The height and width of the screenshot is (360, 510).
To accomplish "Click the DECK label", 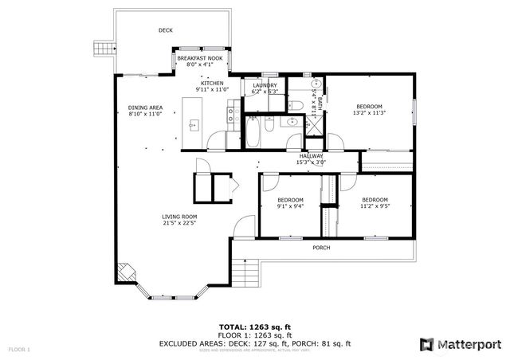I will point(165,30).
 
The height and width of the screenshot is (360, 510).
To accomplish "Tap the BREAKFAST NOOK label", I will point(199,59).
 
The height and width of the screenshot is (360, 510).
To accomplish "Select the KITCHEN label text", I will point(211,84).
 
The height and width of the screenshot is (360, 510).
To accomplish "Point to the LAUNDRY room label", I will point(264,85).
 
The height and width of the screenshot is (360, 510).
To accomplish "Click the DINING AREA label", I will point(145,108).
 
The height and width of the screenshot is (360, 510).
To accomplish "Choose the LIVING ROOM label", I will point(179,217).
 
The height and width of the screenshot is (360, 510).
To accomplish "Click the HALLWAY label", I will point(310,156).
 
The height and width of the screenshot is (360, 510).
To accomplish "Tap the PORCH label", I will point(320,248).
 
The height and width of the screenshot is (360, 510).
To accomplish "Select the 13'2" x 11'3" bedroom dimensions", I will point(368,113).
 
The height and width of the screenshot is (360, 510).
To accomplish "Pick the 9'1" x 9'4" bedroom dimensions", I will point(290,206).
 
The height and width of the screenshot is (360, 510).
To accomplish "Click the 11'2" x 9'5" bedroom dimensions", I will point(375,206).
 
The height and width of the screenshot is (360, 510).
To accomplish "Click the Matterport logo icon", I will point(427,343).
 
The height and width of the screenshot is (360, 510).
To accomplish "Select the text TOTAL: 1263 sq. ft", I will point(255,327).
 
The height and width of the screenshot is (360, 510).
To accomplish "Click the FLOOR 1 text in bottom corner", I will point(19,350).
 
